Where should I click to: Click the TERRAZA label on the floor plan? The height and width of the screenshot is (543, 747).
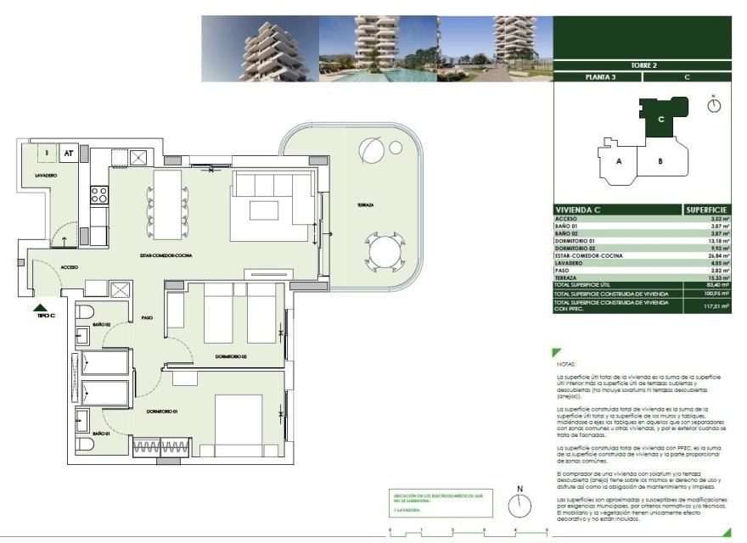point(366,205)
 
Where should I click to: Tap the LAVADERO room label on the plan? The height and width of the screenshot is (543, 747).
point(46,175)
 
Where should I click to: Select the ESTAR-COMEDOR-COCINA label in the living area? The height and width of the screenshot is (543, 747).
point(168,255)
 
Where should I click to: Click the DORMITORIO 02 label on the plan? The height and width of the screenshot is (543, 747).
point(230,356)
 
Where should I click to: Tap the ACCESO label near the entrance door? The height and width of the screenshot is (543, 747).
point(69,266)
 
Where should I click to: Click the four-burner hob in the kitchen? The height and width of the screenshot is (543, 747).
point(99,195)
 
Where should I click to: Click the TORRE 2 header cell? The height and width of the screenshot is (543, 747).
point(643,65)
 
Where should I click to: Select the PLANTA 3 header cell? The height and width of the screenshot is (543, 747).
point(598,77)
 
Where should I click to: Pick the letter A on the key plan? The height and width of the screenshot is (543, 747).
point(620,160)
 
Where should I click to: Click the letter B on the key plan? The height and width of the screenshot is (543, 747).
point(659,160)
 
